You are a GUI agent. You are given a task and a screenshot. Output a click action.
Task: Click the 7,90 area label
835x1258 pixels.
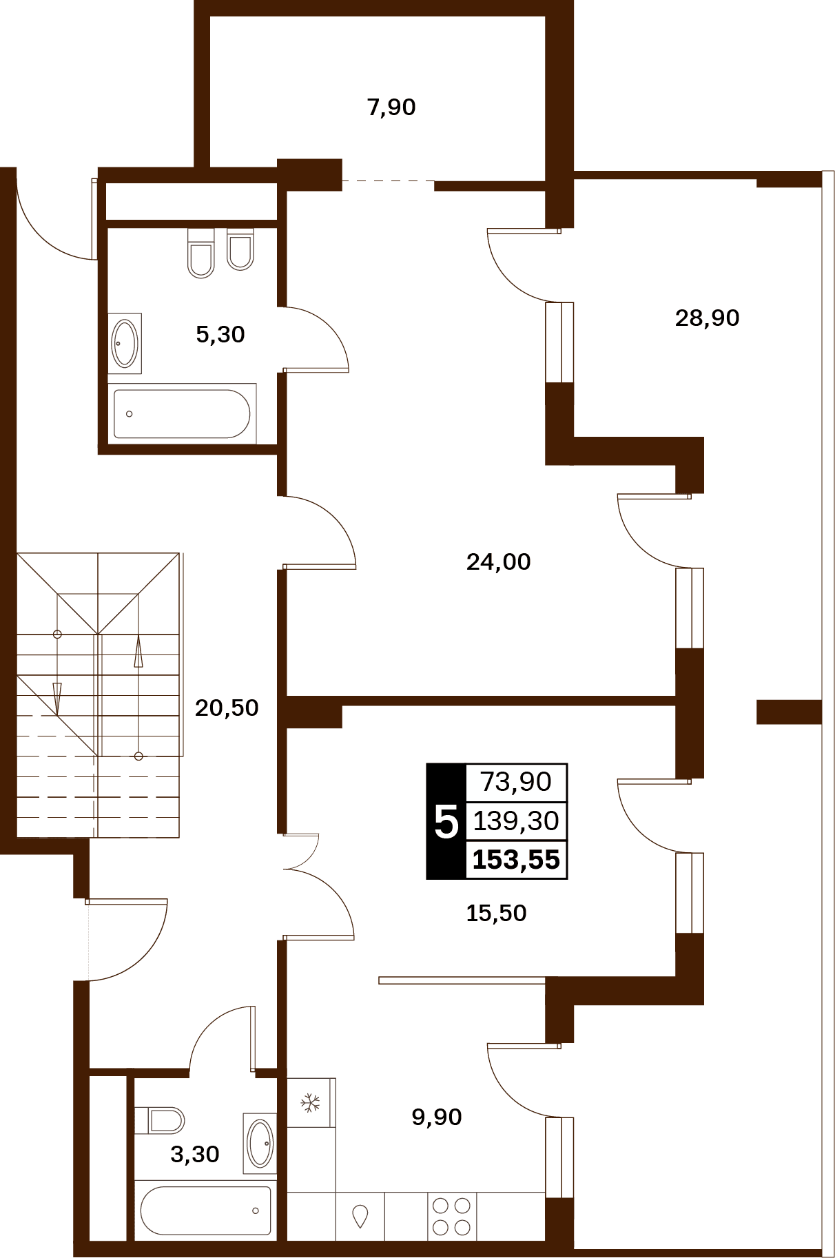(x=391, y=107)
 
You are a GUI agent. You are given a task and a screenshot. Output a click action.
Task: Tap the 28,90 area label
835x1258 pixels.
(x=707, y=318)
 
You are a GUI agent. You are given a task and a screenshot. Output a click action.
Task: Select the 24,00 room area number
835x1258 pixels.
(x=498, y=561)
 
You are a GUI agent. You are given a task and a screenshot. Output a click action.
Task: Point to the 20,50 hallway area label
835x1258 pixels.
(x=227, y=708)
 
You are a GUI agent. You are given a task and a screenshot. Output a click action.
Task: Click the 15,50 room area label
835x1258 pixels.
(x=496, y=913)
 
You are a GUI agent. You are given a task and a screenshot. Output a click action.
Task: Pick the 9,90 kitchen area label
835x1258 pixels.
(x=436, y=1117)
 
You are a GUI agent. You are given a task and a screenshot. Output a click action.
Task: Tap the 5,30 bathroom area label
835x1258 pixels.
(x=220, y=334)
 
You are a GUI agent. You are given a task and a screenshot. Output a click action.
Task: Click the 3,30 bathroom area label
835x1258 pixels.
(x=194, y=1154)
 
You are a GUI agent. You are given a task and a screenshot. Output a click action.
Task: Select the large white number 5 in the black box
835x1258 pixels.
(x=446, y=822)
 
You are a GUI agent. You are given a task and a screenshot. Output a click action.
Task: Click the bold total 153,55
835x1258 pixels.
(x=516, y=860)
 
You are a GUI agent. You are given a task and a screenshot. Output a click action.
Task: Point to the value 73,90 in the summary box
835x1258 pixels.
(x=515, y=782)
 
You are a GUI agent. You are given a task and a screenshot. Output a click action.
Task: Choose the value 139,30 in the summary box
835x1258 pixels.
(x=515, y=821)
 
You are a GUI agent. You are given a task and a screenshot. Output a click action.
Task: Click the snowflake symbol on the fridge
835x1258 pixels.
(x=311, y=1103)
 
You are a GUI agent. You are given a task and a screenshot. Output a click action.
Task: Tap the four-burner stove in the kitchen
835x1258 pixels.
(x=451, y=1217)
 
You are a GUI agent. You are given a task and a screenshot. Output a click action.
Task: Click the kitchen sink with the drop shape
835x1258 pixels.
(x=360, y=1217)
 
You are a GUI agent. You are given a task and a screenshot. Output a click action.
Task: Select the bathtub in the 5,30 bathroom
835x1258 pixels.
(x=183, y=414)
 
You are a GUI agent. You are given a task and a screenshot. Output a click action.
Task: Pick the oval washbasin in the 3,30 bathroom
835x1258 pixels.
(x=260, y=1144)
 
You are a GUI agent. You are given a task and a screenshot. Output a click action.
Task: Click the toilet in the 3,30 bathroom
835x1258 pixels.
(x=160, y=1120)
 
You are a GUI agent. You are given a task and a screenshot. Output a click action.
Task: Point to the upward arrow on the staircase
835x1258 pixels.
(x=138, y=652)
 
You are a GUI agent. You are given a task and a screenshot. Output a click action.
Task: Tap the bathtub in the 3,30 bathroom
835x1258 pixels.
(x=205, y=1210)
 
